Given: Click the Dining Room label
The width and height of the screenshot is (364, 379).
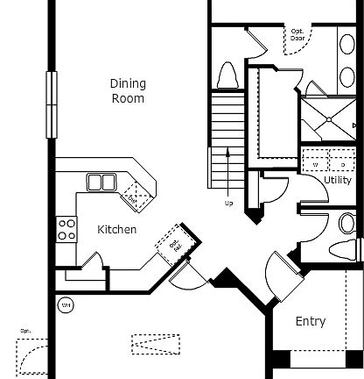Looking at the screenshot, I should (127, 90).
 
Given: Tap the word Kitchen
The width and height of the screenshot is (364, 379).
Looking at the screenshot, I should (116, 230).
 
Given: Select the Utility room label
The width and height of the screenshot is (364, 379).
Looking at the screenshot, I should (338, 180).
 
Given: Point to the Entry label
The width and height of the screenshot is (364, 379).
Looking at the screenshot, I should (310, 322).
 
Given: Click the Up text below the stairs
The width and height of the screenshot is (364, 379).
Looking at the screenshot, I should (229, 204).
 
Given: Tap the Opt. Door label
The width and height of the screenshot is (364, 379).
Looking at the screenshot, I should (297, 36).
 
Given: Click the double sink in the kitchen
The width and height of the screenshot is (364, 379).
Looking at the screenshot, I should (102, 182).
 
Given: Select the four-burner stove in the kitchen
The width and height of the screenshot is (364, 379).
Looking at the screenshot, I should (66, 230).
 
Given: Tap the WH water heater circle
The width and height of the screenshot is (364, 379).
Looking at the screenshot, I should (65, 305).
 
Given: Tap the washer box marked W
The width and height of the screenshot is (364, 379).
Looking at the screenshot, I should (314, 162).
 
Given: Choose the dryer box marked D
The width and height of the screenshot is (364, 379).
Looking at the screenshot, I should (340, 162).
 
